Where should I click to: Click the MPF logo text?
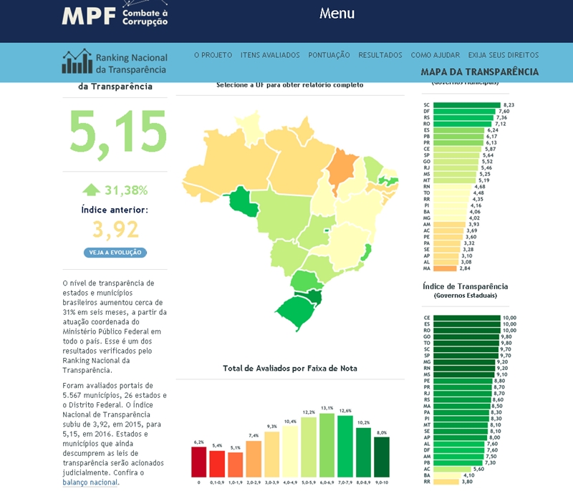89,15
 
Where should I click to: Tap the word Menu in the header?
337,14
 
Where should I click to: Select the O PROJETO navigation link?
213,55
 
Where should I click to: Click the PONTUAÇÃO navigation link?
329,55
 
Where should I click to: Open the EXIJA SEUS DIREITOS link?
503,55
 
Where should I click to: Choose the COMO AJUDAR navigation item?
435,55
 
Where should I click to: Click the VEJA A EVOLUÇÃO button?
115,253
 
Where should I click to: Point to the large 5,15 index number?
118,133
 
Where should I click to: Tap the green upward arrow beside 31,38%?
91,190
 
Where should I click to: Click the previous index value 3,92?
115,230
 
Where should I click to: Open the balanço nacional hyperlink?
90,482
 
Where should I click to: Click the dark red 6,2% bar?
198,462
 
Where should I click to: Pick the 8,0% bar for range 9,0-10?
381,457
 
